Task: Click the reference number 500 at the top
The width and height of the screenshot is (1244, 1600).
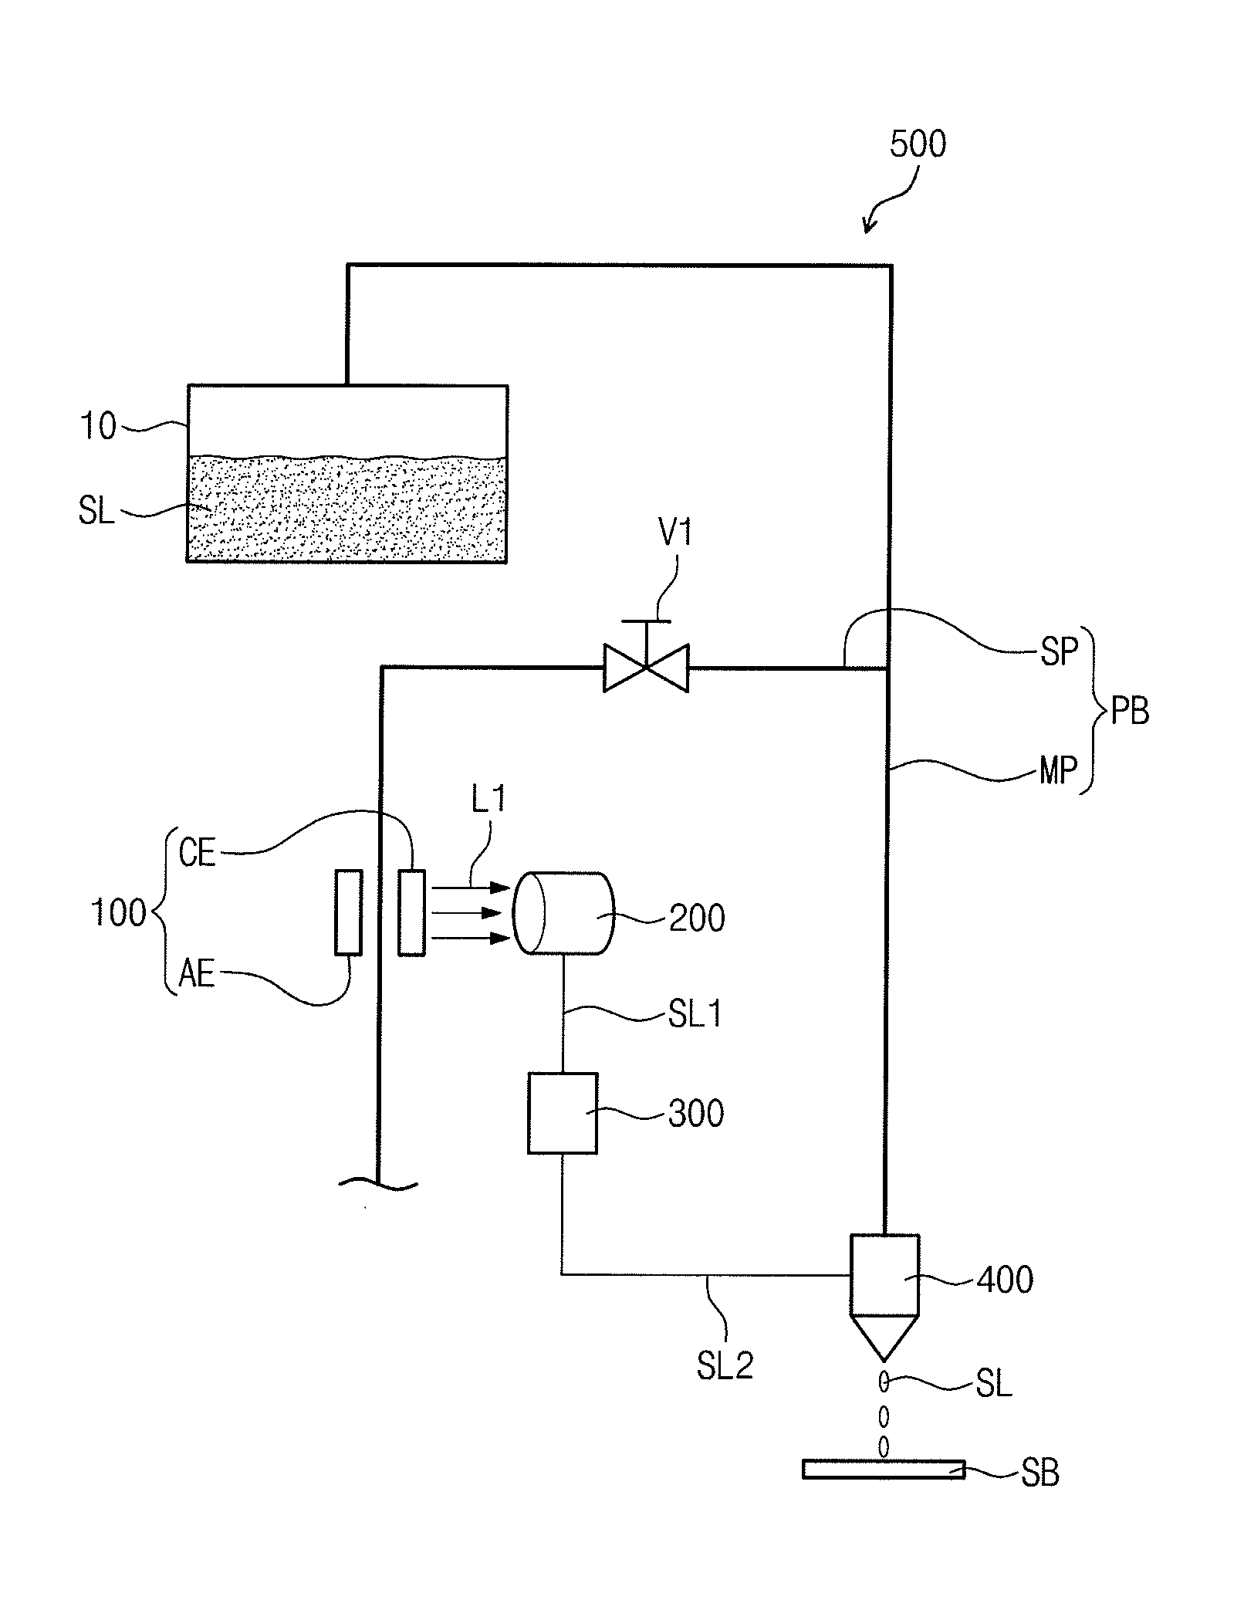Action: pos(917,144)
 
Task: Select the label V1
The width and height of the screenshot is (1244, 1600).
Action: pos(675,533)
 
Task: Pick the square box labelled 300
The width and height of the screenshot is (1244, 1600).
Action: pos(562,1113)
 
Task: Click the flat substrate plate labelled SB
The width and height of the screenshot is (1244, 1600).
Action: pos(884,1469)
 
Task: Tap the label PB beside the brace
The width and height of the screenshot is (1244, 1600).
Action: pos(1129,712)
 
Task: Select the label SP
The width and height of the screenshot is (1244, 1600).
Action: pos(1058,652)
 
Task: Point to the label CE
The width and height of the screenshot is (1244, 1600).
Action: pos(197,853)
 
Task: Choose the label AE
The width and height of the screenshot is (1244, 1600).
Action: pos(196,973)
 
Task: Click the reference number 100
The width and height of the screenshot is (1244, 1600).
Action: pos(118,913)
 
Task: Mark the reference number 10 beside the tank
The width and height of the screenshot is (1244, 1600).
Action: pos(98,425)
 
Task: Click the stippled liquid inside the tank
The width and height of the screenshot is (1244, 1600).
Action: pos(347,509)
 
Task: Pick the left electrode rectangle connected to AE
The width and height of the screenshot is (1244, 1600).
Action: pos(348,912)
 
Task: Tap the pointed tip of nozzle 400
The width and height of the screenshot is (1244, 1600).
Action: pos(884,1360)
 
